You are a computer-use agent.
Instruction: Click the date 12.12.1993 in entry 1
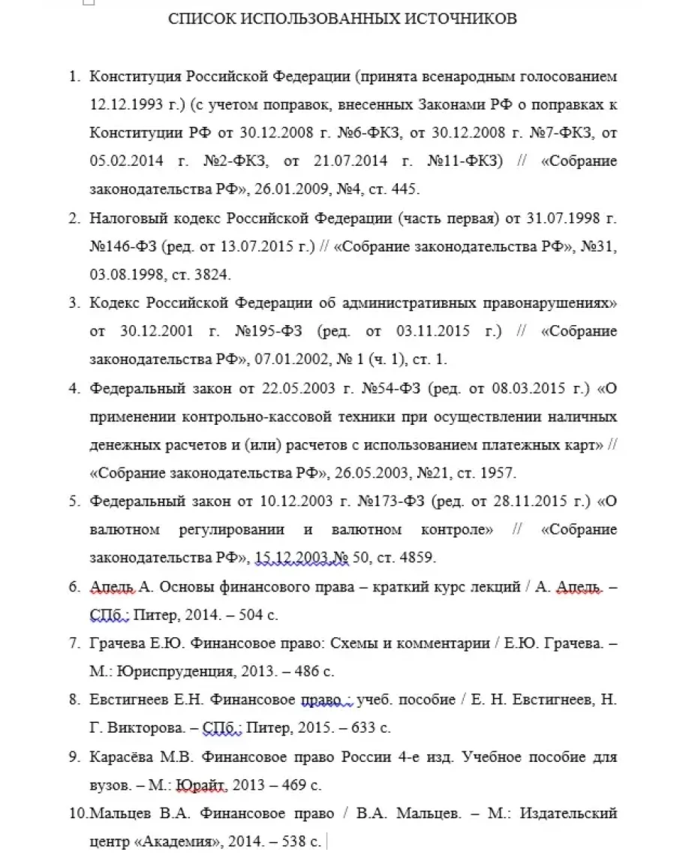click(121, 104)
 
